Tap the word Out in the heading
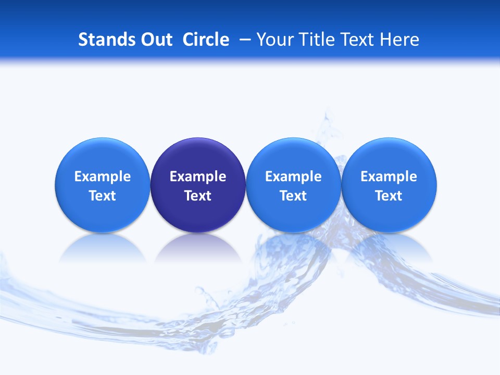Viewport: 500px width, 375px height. [155, 40]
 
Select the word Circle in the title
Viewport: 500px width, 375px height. [206, 40]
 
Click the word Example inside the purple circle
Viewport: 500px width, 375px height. [198, 177]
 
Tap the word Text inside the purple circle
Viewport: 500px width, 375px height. [198, 196]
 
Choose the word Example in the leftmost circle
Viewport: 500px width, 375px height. [103, 177]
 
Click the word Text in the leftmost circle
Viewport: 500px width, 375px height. [103, 196]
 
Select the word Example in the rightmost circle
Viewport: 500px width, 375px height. [389, 177]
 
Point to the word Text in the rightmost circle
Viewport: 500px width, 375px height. [389, 196]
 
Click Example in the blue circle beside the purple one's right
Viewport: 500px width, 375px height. [293, 177]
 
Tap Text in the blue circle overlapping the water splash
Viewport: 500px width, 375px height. [293, 196]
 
